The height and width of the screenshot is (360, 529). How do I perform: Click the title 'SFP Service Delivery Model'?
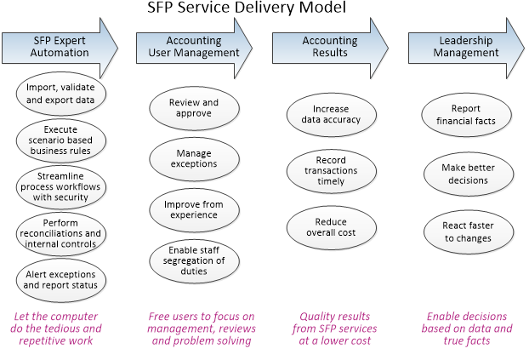pyautogui.click(x=247, y=7)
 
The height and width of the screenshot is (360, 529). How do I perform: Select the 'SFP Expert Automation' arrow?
pyautogui.click(x=60, y=48)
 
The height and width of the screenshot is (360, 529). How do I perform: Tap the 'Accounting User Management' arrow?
pyautogui.click(x=194, y=48)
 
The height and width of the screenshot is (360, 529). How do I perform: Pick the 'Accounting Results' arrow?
pyautogui.click(x=330, y=48)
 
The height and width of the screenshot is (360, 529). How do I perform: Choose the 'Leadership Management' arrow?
pyautogui.click(x=466, y=48)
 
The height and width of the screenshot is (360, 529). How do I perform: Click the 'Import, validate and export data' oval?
pyautogui.click(x=60, y=94)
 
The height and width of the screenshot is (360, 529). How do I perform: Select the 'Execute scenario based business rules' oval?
pyautogui.click(x=60, y=140)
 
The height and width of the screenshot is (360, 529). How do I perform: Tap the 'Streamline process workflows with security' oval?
pyautogui.click(x=60, y=186)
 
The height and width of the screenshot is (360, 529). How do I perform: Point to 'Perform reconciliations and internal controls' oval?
pyautogui.click(x=60, y=233)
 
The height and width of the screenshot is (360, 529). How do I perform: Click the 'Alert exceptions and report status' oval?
pyautogui.click(x=60, y=280)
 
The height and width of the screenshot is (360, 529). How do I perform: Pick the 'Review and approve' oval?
pyautogui.click(x=194, y=108)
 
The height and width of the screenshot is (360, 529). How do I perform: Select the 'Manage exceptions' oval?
pyautogui.click(x=194, y=159)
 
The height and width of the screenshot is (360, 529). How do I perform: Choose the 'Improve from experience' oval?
pyautogui.click(x=194, y=210)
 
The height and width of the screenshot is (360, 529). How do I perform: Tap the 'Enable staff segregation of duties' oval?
pyautogui.click(x=194, y=261)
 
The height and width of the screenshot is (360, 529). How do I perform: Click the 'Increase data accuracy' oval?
pyautogui.click(x=332, y=115)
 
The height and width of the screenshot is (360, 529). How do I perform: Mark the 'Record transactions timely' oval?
pyautogui.click(x=332, y=171)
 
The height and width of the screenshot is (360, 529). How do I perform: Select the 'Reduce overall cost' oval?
pyautogui.click(x=332, y=227)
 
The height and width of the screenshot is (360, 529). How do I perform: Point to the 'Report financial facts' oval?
pyautogui.click(x=466, y=115)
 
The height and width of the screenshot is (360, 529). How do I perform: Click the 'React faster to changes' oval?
pyautogui.click(x=469, y=232)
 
